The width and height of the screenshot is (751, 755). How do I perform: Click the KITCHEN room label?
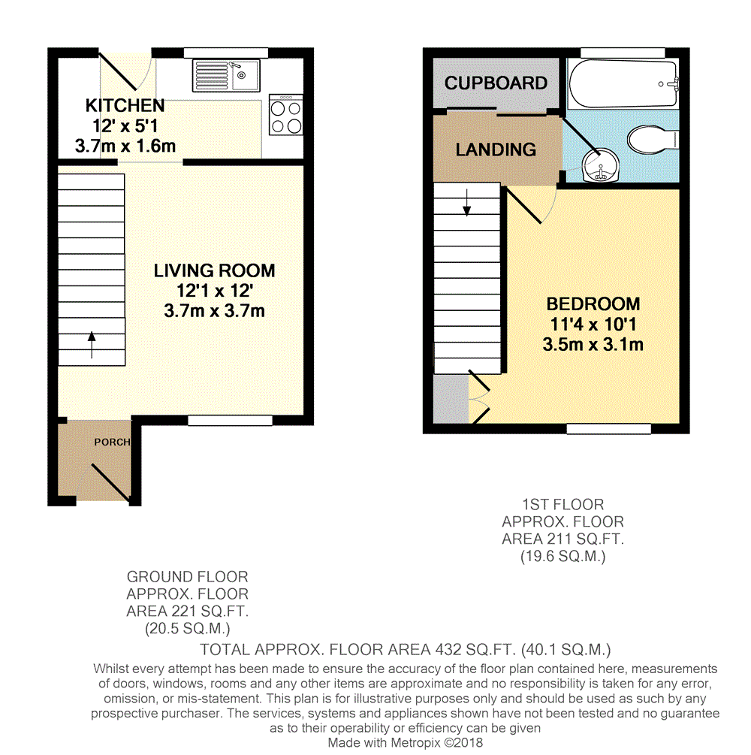point(124,106)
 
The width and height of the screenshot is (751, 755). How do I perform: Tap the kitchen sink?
point(226,75)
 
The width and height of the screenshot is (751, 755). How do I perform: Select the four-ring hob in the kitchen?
point(285,115)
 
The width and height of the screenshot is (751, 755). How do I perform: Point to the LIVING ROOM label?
point(214,270)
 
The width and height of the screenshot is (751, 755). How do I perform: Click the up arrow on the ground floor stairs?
point(92,346)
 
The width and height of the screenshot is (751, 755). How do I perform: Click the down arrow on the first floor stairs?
point(467,202)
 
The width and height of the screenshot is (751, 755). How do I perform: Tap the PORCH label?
point(112,442)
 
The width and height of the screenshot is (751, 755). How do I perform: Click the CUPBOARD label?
point(496,83)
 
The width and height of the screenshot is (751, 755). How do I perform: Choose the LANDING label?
point(496,149)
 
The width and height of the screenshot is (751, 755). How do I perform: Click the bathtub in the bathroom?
point(623,84)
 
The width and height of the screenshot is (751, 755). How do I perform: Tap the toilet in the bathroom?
point(650,140)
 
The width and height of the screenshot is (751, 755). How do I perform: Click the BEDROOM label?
point(593,304)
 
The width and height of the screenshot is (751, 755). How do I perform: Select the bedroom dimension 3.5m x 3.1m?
point(593,345)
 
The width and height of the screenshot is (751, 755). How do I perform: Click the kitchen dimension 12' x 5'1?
point(124,126)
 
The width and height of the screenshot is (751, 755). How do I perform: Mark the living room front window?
point(229,421)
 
